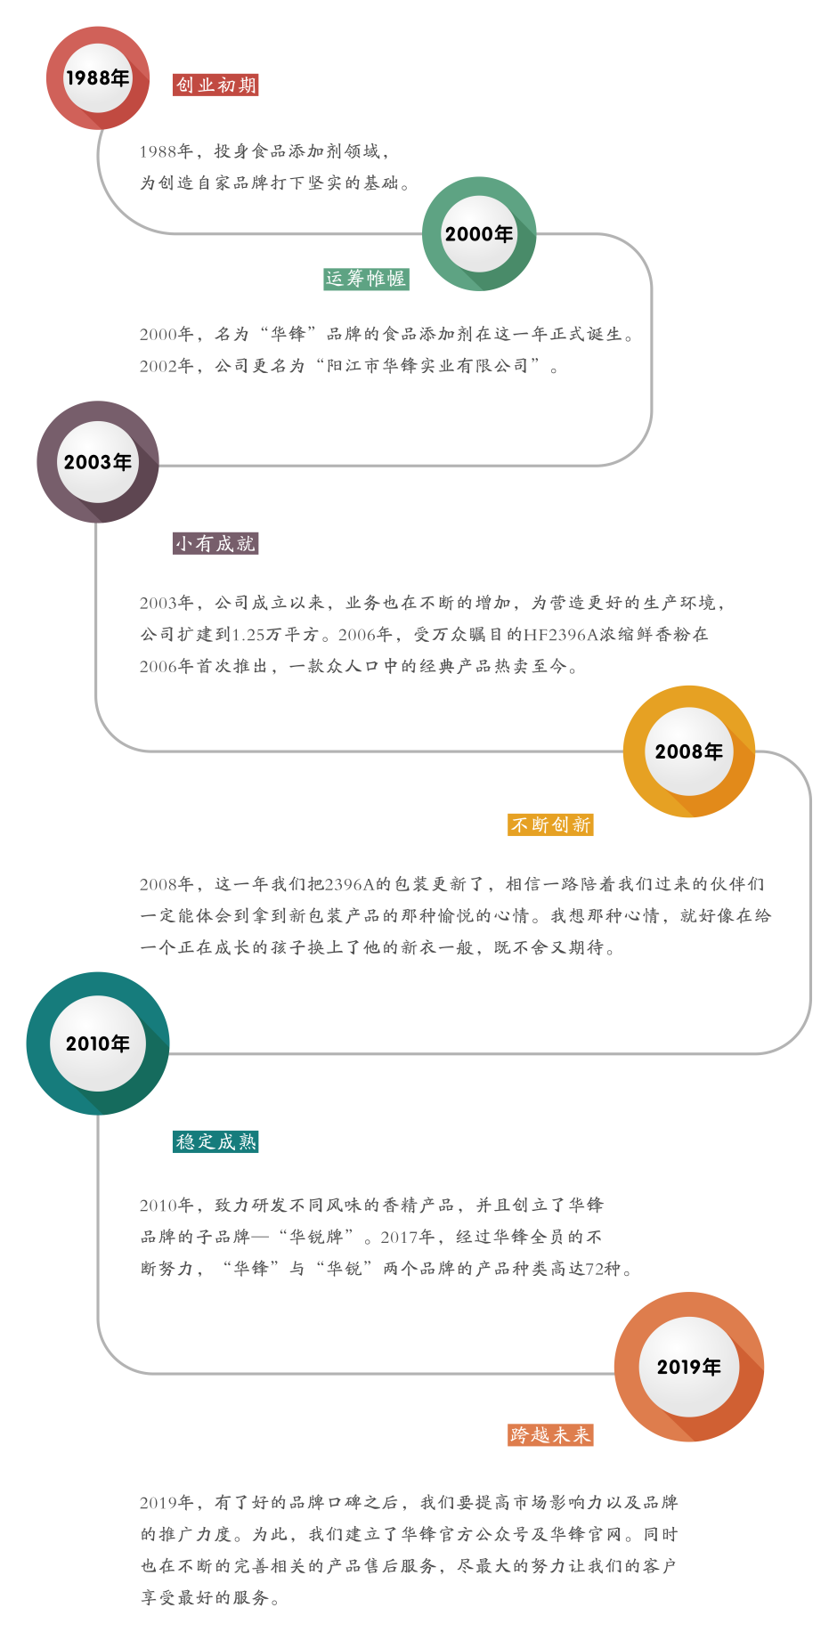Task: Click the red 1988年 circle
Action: (98, 78)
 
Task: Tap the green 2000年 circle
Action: (479, 234)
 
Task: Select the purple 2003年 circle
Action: (98, 462)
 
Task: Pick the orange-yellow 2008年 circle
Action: (688, 751)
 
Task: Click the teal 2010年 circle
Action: (98, 1043)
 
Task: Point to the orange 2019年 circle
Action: (688, 1367)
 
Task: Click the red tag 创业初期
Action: (215, 85)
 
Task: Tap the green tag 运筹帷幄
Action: (365, 279)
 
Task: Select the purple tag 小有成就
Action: (215, 543)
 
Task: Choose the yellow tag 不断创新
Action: (550, 824)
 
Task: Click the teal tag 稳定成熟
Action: (215, 1141)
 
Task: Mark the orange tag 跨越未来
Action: (550, 1434)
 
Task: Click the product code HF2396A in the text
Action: (560, 634)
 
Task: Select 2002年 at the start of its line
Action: (166, 365)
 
